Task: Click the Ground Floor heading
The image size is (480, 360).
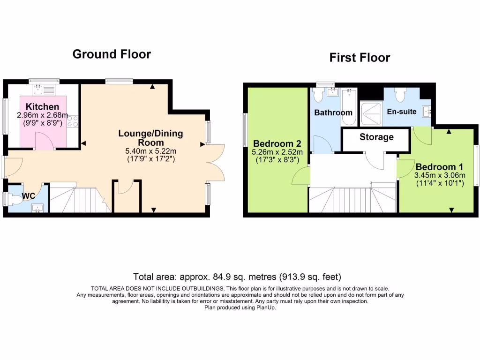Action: (112, 54)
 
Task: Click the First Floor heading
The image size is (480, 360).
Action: (360, 58)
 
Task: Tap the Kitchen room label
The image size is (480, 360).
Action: (42, 107)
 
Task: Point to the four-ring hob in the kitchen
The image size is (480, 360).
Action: (73, 121)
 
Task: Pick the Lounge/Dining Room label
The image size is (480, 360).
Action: (150, 138)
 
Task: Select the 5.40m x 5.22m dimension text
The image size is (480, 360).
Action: (150, 151)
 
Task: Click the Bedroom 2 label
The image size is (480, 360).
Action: (276, 143)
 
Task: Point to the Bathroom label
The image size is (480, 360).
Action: (333, 113)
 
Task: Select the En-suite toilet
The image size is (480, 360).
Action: (400, 95)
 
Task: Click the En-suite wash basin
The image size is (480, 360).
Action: (427, 112)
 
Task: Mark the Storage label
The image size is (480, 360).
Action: (376, 137)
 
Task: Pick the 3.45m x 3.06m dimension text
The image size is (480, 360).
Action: (439, 176)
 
